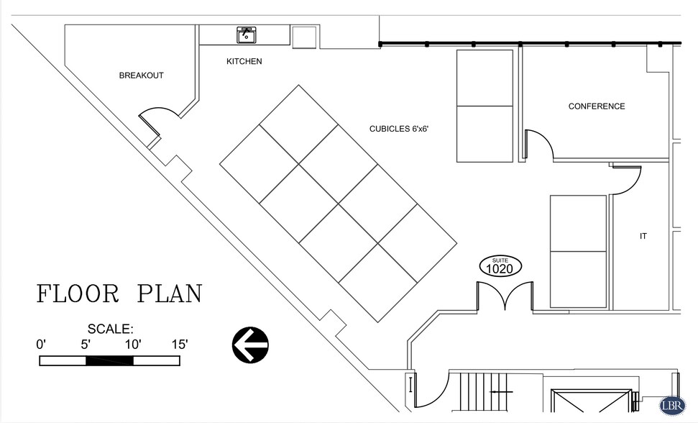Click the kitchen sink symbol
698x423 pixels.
[246, 35]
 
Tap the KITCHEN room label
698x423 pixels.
[244, 61]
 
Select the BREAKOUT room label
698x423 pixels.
[141, 76]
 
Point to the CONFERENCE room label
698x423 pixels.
[597, 106]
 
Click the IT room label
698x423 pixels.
[643, 237]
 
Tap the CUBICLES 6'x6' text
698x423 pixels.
[399, 129]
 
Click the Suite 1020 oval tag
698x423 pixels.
[500, 267]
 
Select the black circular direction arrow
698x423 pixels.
[250, 345]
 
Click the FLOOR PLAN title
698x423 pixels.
[119, 294]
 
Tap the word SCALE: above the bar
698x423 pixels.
[111, 329]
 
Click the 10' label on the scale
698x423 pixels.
[133, 344]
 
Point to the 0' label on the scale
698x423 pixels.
[41, 344]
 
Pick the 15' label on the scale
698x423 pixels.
[180, 344]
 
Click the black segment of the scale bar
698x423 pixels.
[109, 360]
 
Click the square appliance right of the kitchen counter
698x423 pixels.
[304, 37]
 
